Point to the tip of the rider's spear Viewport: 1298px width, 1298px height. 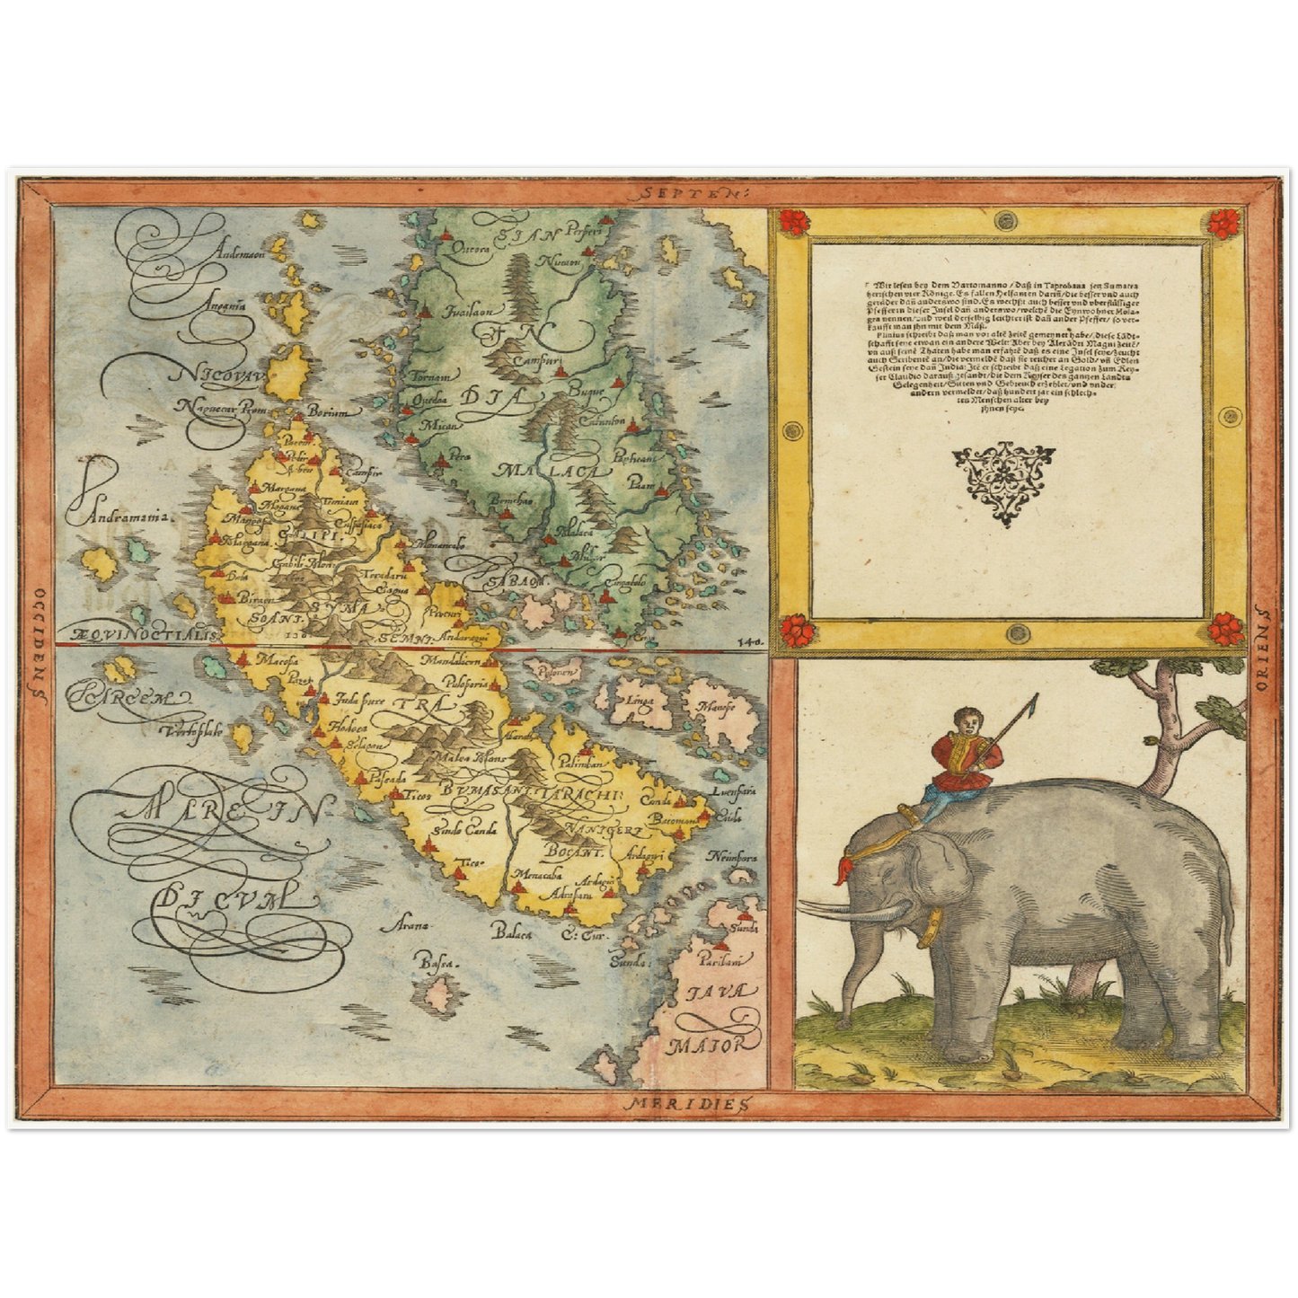pos(1036,696)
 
